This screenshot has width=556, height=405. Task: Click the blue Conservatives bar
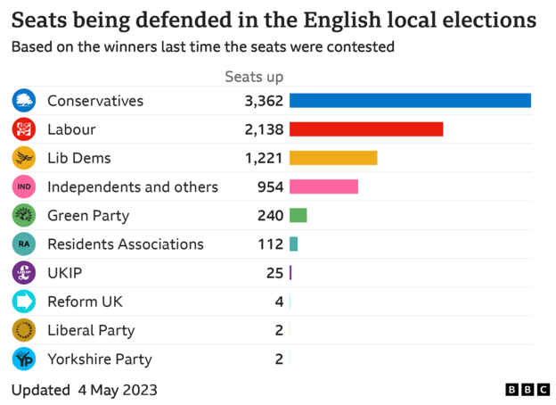410,101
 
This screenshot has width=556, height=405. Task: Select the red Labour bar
366,129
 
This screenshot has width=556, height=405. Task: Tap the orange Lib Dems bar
333,158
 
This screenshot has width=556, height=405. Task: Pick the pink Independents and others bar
323,186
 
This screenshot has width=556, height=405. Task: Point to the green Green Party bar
298,215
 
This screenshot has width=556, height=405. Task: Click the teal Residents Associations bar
293,244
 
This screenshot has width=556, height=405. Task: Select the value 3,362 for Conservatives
264,101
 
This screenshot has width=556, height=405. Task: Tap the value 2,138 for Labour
264,129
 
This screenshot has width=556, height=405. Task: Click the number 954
269,186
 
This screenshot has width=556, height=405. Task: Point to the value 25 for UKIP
274,273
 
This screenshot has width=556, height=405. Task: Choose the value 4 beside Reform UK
279,302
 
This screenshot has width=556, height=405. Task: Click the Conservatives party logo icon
23,101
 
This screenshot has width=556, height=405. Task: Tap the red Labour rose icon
23,129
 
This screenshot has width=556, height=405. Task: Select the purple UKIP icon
23,273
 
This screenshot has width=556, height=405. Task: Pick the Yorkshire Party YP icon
23,359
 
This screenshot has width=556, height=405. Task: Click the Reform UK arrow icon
23,302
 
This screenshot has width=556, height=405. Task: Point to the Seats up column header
254,77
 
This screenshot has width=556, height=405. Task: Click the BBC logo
527,390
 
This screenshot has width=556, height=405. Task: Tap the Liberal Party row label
90,330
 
